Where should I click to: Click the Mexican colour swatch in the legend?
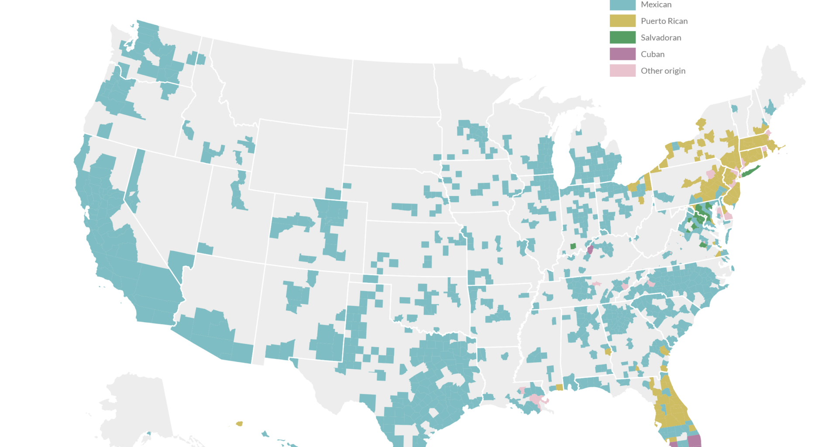tap(622, 5)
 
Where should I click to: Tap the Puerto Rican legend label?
tap(664, 21)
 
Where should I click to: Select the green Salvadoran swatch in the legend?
tap(622, 38)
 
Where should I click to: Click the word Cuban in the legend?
tap(653, 54)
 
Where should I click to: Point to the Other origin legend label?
tap(663, 71)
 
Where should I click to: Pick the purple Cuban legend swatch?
tap(622, 54)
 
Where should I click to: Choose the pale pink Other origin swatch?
tap(622, 71)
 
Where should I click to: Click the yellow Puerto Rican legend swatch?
tap(622, 21)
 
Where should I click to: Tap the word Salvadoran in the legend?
tap(661, 38)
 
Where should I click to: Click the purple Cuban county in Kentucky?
tap(590, 250)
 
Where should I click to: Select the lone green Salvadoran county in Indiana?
tap(573, 246)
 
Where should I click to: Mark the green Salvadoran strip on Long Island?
tap(751, 171)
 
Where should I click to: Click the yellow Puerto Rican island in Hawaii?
tap(239, 423)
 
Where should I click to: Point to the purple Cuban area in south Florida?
tap(694, 441)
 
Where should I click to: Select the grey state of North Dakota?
tap(393, 87)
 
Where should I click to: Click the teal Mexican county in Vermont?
tap(735, 108)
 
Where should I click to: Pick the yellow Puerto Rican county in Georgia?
tap(608, 351)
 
